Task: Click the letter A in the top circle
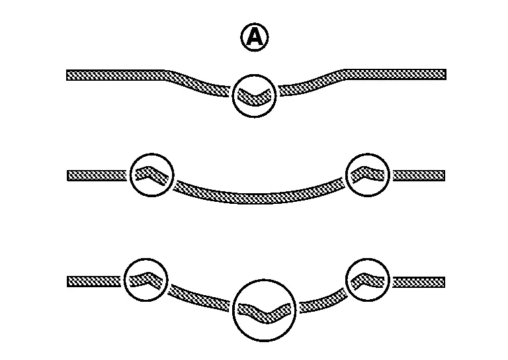pyautogui.click(x=255, y=36)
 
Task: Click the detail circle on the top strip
pyautogui.click(x=254, y=96)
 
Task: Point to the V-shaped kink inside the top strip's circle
pyautogui.click(x=254, y=97)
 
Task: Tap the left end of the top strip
pyautogui.click(x=67, y=75)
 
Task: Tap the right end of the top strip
pyautogui.click(x=446, y=74)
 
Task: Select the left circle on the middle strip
pyautogui.click(x=152, y=175)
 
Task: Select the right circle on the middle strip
pyautogui.click(x=368, y=175)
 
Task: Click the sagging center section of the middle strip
pyautogui.click(x=259, y=195)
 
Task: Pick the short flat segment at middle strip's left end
pyautogui.click(x=97, y=175)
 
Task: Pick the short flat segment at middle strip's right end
pyautogui.click(x=419, y=175)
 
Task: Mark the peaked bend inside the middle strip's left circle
pyautogui.click(x=151, y=175)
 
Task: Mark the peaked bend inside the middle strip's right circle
pyautogui.click(x=368, y=174)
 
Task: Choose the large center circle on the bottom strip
pyautogui.click(x=265, y=310)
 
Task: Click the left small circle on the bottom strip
pyautogui.click(x=146, y=280)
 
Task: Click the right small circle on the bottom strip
pyautogui.click(x=368, y=280)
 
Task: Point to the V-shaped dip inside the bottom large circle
pyautogui.click(x=265, y=313)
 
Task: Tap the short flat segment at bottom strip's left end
pyautogui.click(x=94, y=282)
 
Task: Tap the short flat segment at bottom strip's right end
pyautogui.click(x=419, y=282)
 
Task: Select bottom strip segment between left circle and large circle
pyautogui.click(x=199, y=298)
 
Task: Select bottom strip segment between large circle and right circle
pyautogui.click(x=323, y=301)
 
